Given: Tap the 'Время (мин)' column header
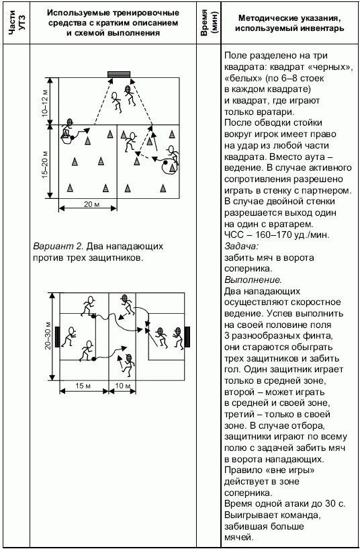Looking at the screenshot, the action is click(x=209, y=23).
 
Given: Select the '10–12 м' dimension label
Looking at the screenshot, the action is click(x=45, y=102).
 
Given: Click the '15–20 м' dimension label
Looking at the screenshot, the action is click(x=45, y=165).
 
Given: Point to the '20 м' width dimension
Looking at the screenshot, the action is click(x=91, y=204).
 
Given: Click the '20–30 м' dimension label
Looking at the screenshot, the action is click(x=48, y=337).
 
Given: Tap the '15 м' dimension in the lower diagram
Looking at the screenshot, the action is click(x=83, y=386).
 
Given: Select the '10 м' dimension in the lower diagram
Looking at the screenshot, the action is click(x=122, y=386).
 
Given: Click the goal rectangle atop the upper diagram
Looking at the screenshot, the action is click(x=119, y=74).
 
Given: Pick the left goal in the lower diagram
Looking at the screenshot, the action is click(x=57, y=337).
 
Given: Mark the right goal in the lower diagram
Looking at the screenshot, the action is click(x=187, y=337).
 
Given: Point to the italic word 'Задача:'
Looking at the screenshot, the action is click(x=242, y=247).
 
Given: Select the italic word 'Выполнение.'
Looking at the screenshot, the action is click(x=253, y=280).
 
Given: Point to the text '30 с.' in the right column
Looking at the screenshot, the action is click(x=335, y=504).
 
